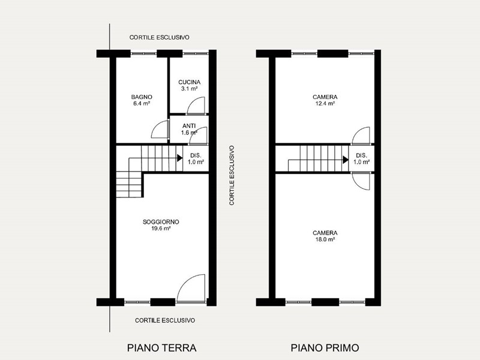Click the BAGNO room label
coord(142,97)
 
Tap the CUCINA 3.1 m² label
coord(189,85)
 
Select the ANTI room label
coord(189,126)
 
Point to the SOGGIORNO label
coord(161,222)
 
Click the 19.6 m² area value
coord(161,229)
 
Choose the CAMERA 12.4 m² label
coord(325,100)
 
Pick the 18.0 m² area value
coord(325,239)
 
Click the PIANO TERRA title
coord(161,348)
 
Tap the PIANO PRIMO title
coord(325,348)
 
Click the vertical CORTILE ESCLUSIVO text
coord(232,175)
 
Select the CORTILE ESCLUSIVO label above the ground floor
coord(159,37)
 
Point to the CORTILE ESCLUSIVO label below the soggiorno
coord(165,320)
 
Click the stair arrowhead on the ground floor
coord(180,158)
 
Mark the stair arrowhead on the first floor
coord(346,160)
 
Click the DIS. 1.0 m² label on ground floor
coord(196,158)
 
